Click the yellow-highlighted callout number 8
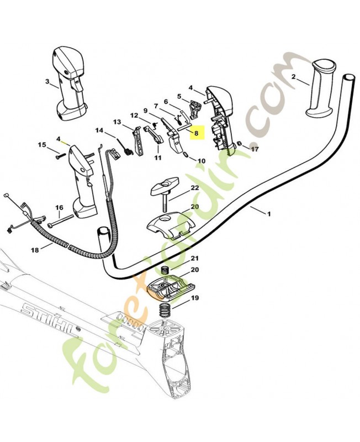(x=195, y=133)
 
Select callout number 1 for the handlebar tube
(x=269, y=213)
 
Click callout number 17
(x=255, y=149)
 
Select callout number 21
(x=194, y=258)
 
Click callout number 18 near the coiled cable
(x=35, y=250)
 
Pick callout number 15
(x=42, y=145)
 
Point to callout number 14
(x=99, y=131)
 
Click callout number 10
(x=201, y=161)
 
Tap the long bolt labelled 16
(x=61, y=223)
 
